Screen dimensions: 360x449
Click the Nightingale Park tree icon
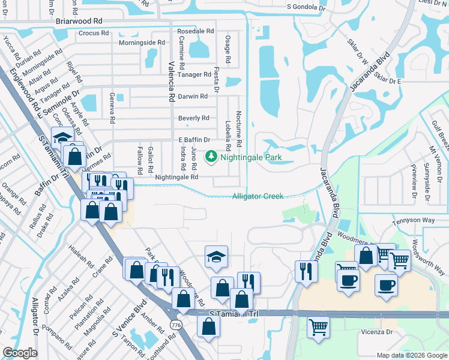[211, 158]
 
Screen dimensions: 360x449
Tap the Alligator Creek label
[258, 196]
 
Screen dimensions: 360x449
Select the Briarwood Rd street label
[79, 20]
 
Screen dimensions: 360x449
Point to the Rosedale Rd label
[195, 31]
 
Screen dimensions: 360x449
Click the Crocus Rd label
[92, 34]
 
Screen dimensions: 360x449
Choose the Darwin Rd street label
[193, 96]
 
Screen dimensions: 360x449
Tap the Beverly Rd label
[193, 118]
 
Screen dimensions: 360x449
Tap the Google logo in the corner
[19, 352]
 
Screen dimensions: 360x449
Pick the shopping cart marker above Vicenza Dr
[318, 327]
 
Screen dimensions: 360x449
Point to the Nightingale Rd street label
[176, 178]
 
